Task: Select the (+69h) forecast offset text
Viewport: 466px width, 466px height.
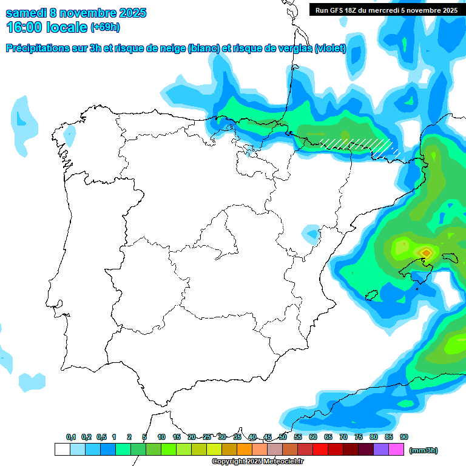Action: point(105,27)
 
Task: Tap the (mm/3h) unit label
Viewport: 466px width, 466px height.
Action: point(423,450)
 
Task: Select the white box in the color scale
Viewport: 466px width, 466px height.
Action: point(62,450)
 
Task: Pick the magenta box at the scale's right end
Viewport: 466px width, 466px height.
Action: point(396,450)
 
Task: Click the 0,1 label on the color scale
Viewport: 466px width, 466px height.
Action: point(71,437)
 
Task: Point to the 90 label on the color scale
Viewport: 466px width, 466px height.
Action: point(404,437)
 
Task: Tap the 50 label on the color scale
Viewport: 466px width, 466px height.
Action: point(283,437)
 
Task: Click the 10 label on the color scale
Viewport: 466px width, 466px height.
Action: point(161,437)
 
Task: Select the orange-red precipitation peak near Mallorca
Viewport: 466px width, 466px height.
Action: point(426,252)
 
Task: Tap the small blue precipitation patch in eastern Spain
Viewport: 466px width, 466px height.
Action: point(311,233)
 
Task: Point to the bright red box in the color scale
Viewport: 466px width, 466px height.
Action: point(320,450)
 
